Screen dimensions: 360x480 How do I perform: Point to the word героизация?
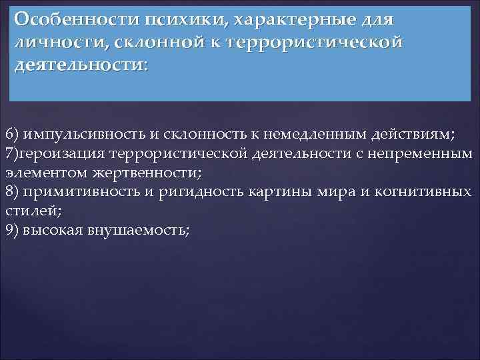[55, 153]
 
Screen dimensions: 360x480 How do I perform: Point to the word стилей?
[25, 211]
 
